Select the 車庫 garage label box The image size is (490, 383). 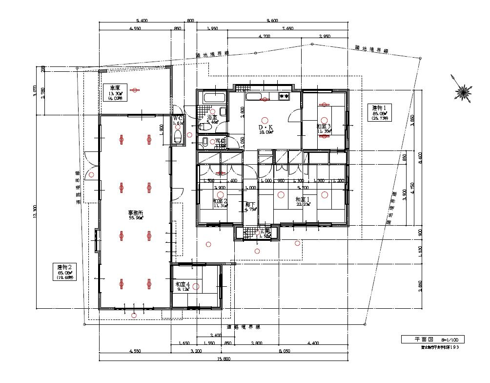115,92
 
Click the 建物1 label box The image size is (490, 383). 379,112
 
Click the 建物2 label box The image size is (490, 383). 65,272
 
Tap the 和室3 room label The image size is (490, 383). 324,128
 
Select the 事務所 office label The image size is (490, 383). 136,215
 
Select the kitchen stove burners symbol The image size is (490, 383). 284,97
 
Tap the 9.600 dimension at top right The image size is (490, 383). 272,21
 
